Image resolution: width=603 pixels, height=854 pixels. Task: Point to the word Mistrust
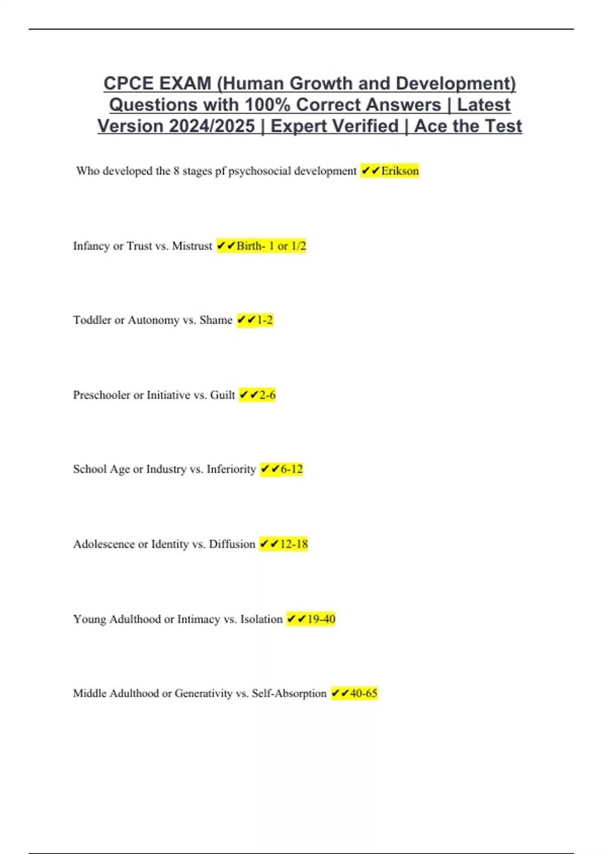(192, 246)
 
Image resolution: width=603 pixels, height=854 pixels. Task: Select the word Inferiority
(231, 469)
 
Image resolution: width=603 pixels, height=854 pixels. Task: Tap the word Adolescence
(104, 544)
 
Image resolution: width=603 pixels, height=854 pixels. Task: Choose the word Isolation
(261, 619)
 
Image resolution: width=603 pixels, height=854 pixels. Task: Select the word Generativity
(204, 693)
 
